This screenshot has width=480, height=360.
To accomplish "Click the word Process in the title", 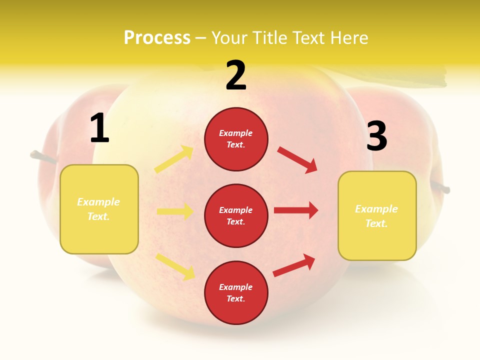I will pyautogui.click(x=157, y=38).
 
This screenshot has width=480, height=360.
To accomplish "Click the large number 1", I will pyautogui.click(x=99, y=128).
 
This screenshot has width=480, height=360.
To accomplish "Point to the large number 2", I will pyautogui.click(x=236, y=75).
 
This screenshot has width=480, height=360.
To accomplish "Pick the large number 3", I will pyautogui.click(x=376, y=136).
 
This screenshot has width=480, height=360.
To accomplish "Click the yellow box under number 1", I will pyautogui.click(x=99, y=209).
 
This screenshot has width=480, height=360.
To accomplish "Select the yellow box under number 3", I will pyautogui.click(x=377, y=216).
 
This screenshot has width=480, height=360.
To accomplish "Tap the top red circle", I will pyautogui.click(x=236, y=139).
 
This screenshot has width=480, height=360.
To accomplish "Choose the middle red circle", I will pyautogui.click(x=236, y=215).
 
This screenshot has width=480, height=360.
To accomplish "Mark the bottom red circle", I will pyautogui.click(x=236, y=292).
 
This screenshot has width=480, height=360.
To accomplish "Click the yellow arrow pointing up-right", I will pyautogui.click(x=174, y=159).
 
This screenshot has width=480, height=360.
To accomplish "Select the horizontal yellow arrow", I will pyautogui.click(x=175, y=211).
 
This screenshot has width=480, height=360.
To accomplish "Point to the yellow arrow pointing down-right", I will pyautogui.click(x=175, y=266).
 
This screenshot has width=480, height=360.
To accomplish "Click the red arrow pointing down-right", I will pyautogui.click(x=297, y=160).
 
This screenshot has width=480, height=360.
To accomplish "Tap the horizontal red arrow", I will pyautogui.click(x=296, y=210).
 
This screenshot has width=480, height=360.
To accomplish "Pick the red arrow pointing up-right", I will pyautogui.click(x=294, y=265).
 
